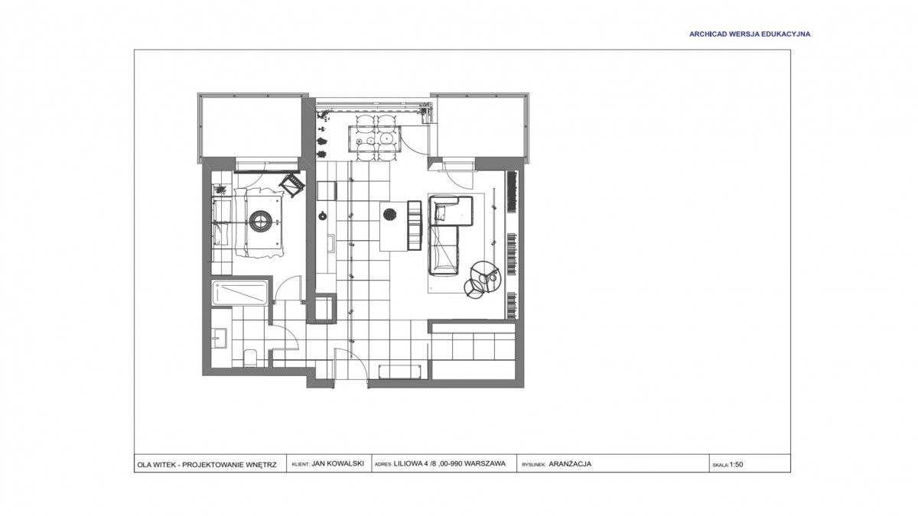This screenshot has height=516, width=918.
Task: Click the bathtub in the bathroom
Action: click(x=239, y=292)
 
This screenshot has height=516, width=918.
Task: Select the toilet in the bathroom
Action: click(x=249, y=359)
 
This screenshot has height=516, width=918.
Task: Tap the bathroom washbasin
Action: click(x=220, y=338)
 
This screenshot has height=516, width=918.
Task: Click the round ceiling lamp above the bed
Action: click(x=260, y=222)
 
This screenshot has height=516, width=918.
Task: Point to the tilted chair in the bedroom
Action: click(x=292, y=185)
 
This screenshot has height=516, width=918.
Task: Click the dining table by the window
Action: click(x=374, y=139)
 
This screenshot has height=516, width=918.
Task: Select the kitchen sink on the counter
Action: click(x=330, y=244)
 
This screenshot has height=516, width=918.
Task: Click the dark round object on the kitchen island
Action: click(x=389, y=214)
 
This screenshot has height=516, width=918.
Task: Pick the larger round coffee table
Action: click(x=485, y=277)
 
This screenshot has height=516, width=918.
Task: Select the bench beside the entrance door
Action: click(x=399, y=372)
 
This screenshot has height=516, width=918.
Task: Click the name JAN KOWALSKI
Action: click(x=337, y=463)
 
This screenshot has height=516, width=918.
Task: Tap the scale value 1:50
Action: click(x=736, y=465)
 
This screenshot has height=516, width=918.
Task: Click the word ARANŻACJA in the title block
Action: click(x=570, y=464)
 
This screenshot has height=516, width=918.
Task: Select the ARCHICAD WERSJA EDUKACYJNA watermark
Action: click(x=750, y=34)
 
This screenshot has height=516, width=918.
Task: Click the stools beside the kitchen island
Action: click(x=415, y=225)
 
